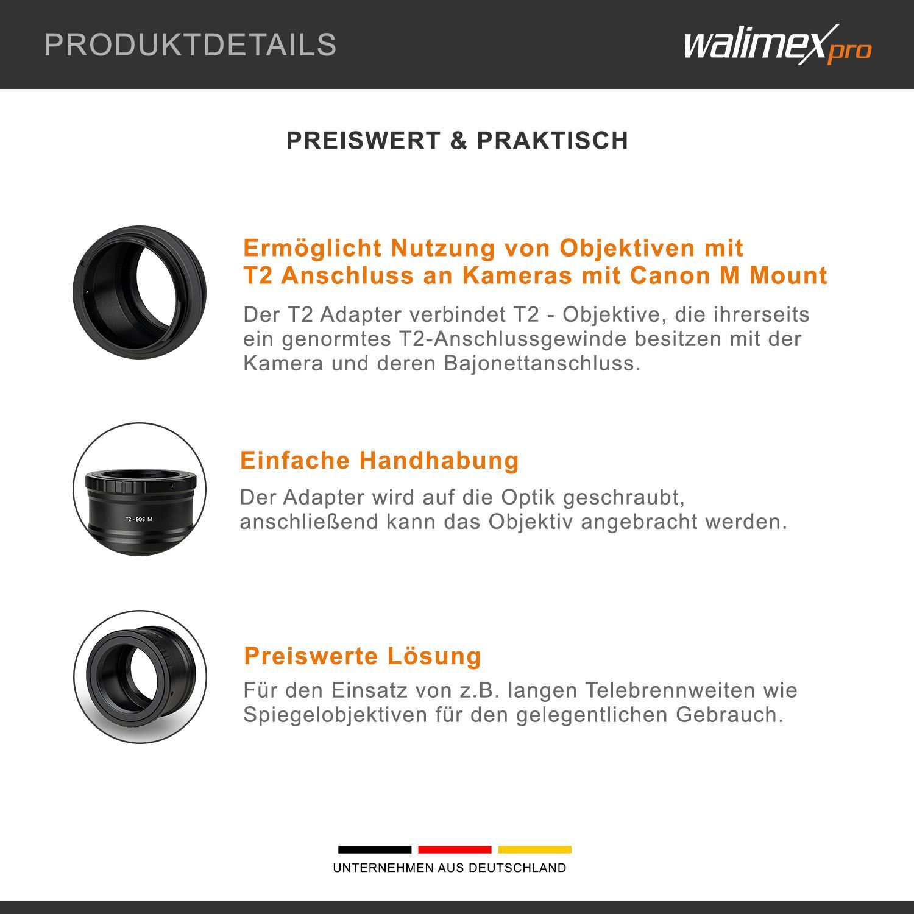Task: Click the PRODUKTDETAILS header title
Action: [x=190, y=44]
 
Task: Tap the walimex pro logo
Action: [x=778, y=44]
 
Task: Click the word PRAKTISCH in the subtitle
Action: [x=552, y=141]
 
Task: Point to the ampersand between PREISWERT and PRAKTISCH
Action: [x=458, y=141]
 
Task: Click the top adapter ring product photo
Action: [x=140, y=292]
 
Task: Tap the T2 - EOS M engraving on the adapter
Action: [x=138, y=519]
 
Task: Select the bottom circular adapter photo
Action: [x=140, y=677]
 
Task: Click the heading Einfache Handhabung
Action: [x=380, y=460]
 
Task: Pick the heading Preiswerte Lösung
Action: [x=363, y=656]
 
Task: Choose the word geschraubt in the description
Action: [x=624, y=498]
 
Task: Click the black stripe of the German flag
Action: [x=375, y=849]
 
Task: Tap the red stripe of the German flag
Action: [x=455, y=849]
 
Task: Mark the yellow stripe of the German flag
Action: [x=535, y=849]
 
